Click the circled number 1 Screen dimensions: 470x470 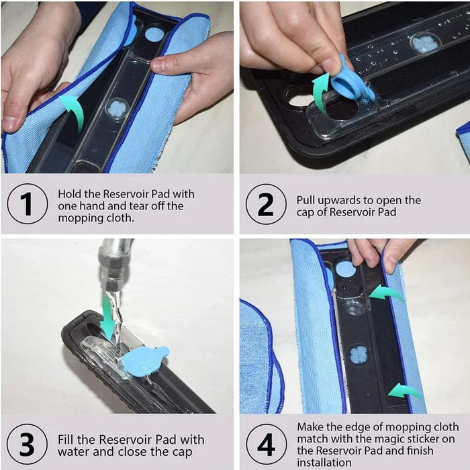pyautogui.click(x=28, y=204)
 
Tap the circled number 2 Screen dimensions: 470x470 pyautogui.click(x=266, y=204)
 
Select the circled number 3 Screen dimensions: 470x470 pyautogui.click(x=27, y=444)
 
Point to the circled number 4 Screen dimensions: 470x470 pyautogui.click(x=266, y=444)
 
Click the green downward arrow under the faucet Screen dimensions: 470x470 pyautogui.click(x=107, y=318)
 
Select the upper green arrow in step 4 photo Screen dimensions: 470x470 pyautogui.click(x=387, y=292)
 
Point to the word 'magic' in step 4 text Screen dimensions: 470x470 pyautogui.click(x=371, y=440)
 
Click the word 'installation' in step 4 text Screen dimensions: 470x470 pyautogui.click(x=324, y=462)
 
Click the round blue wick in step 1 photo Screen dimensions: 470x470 pyautogui.click(x=117, y=109)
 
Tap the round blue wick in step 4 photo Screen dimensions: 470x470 pyautogui.click(x=358, y=355)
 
